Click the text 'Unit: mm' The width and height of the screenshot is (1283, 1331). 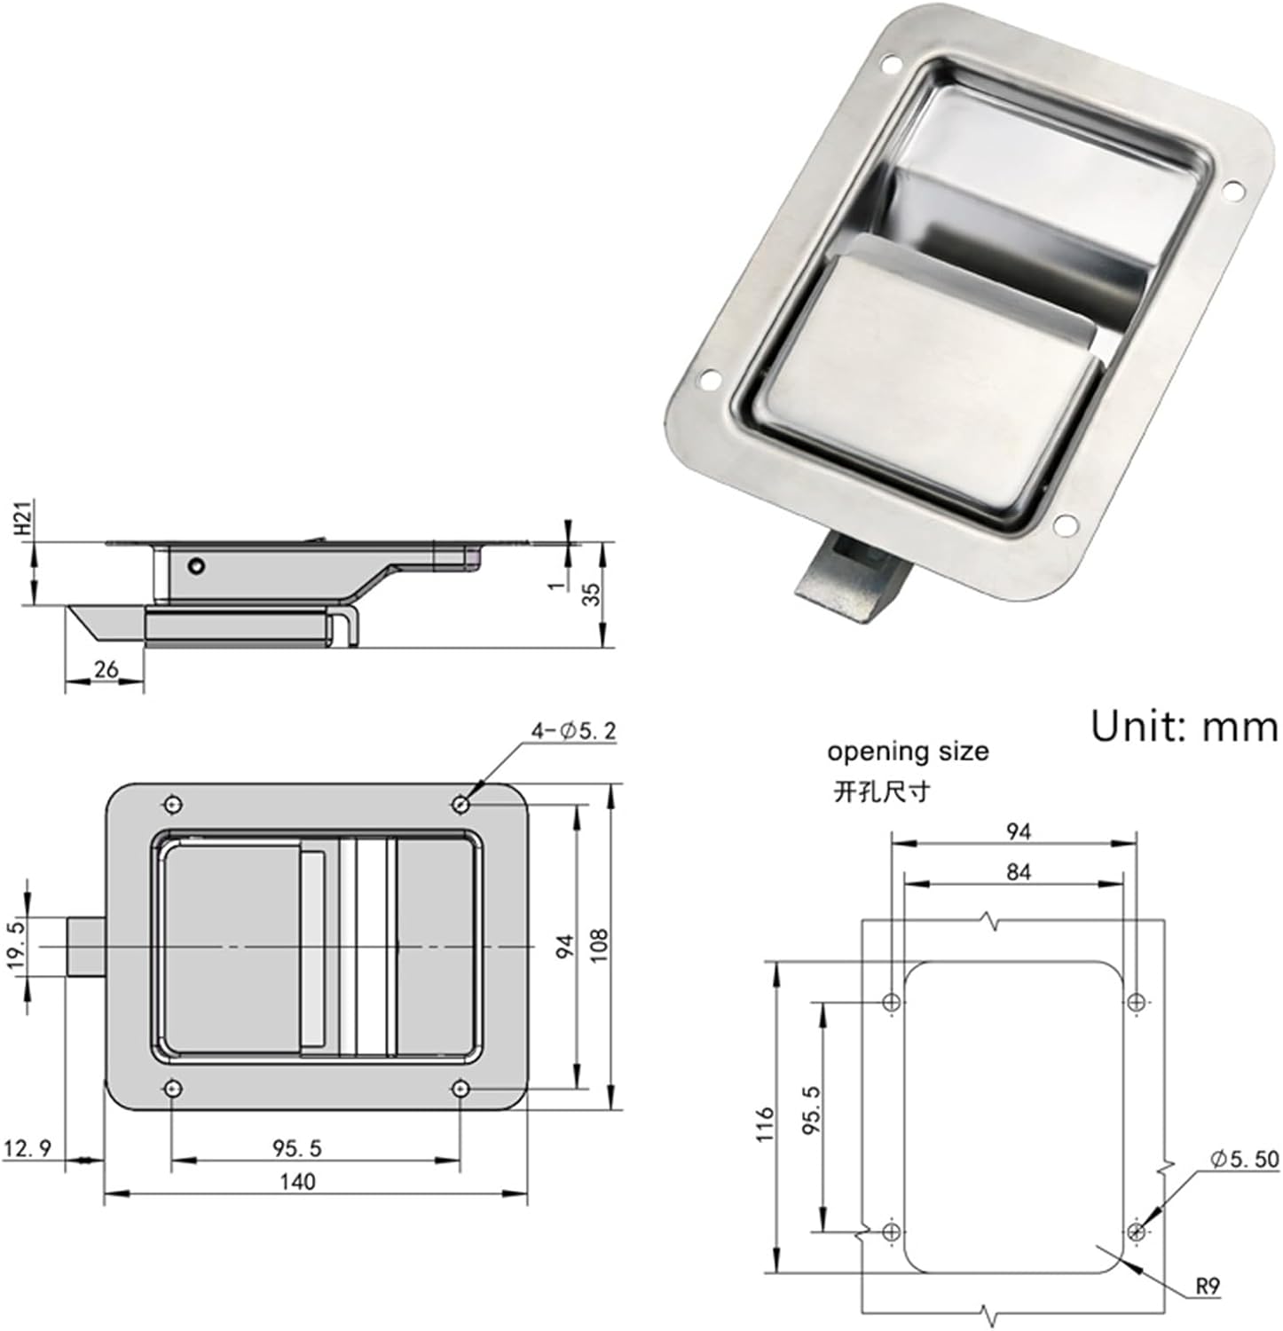pos(1184,726)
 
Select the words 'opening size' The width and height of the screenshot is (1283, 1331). pos(907,752)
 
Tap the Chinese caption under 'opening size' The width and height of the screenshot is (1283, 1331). pos(881,791)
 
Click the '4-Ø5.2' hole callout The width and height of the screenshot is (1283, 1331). pos(574,731)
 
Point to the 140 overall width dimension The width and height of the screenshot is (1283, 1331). pos(297,1182)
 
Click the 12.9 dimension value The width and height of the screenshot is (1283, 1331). pos(28,1148)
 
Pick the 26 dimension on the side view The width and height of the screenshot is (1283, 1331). pos(106,669)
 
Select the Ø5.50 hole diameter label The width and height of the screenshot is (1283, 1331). pos(1244,1159)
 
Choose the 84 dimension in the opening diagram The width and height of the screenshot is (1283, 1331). pos(1019,872)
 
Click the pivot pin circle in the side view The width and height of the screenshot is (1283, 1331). pos(196,565)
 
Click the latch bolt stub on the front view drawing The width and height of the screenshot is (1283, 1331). pos(86,947)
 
